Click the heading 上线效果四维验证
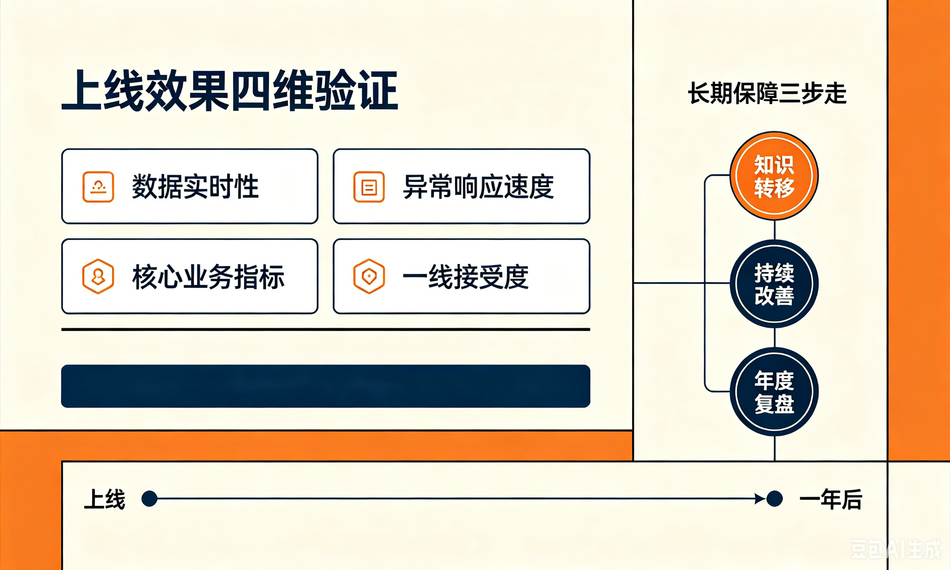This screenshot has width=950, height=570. coord(230,91)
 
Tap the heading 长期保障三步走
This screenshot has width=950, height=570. coord(767,93)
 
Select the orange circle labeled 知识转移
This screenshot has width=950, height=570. coord(774,176)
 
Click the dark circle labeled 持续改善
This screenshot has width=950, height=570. coord(774,284)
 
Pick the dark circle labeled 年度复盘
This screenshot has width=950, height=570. coord(774,392)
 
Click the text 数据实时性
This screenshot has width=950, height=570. coord(195,187)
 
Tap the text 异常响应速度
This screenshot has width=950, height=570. coord(478,187)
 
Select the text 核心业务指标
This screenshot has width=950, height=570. coord(208,276)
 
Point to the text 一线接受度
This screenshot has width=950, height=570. coord(465,276)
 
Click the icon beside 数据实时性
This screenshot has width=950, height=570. coord(98,187)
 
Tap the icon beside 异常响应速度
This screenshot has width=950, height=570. coord(369,187)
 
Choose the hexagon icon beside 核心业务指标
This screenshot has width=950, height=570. coord(98,276)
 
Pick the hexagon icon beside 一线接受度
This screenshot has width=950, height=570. coord(369,276)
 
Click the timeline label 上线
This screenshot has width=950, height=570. coord(104,499)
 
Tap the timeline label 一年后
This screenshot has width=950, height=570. coord(831,499)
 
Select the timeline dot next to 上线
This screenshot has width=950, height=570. coord(150,499)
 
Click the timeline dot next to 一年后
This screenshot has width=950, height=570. coord(775,499)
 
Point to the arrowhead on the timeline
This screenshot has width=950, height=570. coord(760,499)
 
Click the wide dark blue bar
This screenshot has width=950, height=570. coord(326,386)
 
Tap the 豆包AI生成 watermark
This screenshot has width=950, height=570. coord(895,549)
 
